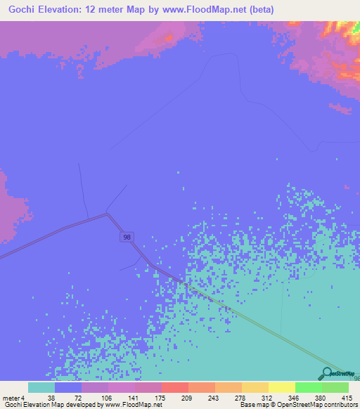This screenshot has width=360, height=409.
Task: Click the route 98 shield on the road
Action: pos(126,238)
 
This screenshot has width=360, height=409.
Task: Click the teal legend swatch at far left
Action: pos(41,387)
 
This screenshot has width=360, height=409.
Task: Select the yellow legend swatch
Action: pos(282,387)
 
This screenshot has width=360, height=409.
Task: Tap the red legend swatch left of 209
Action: pos(175,387)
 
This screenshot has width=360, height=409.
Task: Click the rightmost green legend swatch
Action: pos(335,387)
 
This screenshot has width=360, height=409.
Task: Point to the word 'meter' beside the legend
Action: pos(11,397)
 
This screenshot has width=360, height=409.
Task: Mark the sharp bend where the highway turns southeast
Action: pos(108,214)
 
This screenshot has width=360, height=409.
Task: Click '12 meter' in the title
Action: pos(110,10)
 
